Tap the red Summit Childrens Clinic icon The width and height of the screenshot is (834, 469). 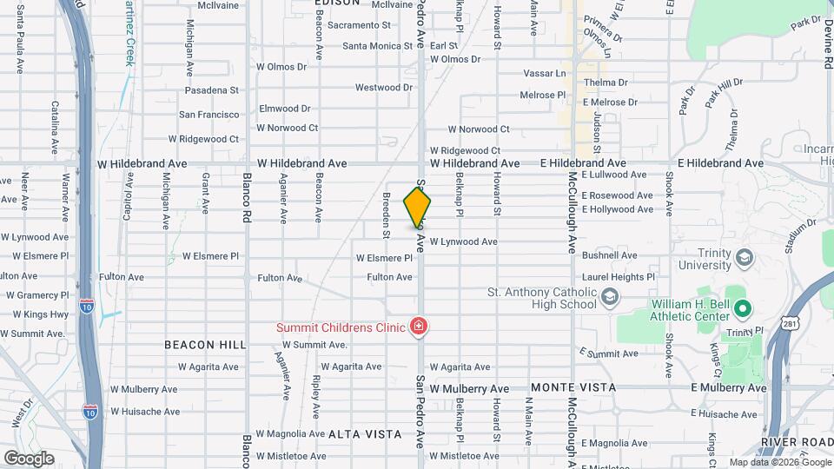(420, 327)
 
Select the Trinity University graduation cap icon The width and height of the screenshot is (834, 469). (743, 258)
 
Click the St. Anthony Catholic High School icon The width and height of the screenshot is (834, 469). (610, 298)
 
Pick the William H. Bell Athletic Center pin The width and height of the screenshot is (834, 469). (742, 308)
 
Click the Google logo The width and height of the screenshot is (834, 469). (29, 458)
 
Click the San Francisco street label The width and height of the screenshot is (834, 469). (208, 115)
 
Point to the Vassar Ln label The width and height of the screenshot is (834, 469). (543, 74)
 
